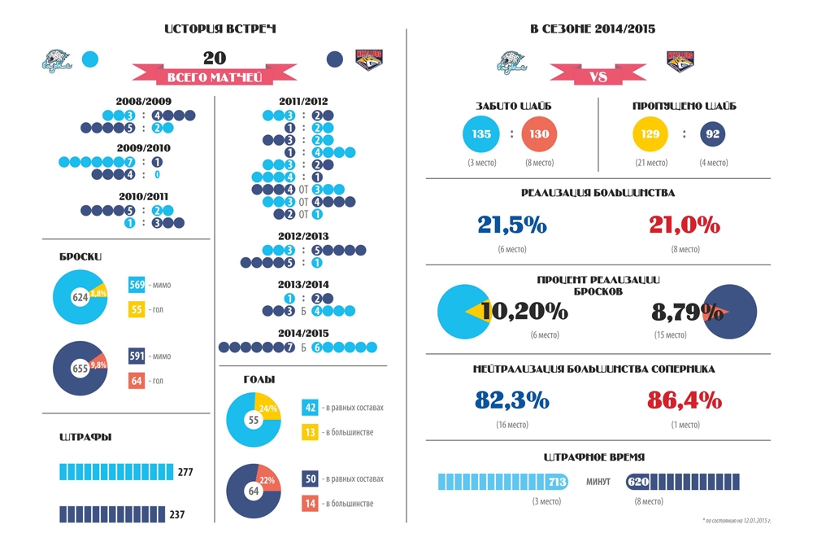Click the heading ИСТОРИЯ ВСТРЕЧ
coord(220,29)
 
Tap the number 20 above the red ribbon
coord(215,58)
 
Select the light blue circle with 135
coord(481,134)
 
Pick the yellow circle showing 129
coord(650,134)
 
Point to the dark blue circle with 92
coord(713,134)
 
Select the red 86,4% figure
coord(685,400)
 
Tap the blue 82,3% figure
coord(512,400)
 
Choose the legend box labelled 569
coord(137,285)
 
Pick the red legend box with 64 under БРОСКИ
coord(137,381)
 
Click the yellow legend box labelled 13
coord(310,432)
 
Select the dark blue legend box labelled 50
coord(310,479)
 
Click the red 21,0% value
coord(685,225)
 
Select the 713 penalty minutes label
coord(556,482)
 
